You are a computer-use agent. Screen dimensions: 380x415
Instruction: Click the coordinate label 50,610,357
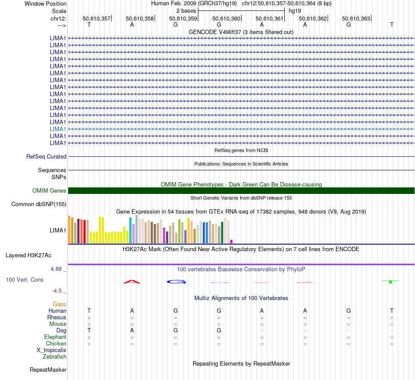(x=97, y=18)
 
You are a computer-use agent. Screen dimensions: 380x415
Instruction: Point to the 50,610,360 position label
(x=226, y=18)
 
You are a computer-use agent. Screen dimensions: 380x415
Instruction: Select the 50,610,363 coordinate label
(x=356, y=18)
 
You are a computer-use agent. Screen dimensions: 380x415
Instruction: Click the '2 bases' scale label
(x=186, y=10)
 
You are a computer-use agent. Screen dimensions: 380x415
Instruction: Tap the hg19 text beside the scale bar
(x=294, y=10)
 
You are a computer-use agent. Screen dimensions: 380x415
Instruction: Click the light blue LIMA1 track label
(x=58, y=129)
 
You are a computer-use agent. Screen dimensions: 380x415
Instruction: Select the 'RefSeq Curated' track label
(x=46, y=156)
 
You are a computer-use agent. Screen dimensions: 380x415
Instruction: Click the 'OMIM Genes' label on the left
(x=49, y=190)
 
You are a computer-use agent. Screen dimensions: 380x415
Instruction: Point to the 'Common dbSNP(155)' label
(x=39, y=204)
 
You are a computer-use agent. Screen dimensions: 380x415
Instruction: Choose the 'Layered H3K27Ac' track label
(x=35, y=255)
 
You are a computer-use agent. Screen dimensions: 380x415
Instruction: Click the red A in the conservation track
(x=132, y=282)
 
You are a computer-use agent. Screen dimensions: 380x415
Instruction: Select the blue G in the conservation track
(x=176, y=282)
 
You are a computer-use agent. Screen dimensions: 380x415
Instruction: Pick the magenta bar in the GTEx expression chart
(x=231, y=241)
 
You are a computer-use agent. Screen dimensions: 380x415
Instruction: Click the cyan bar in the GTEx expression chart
(x=130, y=230)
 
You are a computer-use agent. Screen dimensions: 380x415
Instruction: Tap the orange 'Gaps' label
(x=59, y=304)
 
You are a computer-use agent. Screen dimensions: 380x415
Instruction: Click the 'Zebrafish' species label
(x=55, y=356)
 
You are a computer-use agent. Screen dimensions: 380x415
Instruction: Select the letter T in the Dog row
(x=89, y=331)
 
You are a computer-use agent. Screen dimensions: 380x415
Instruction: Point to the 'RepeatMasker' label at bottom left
(x=48, y=370)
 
